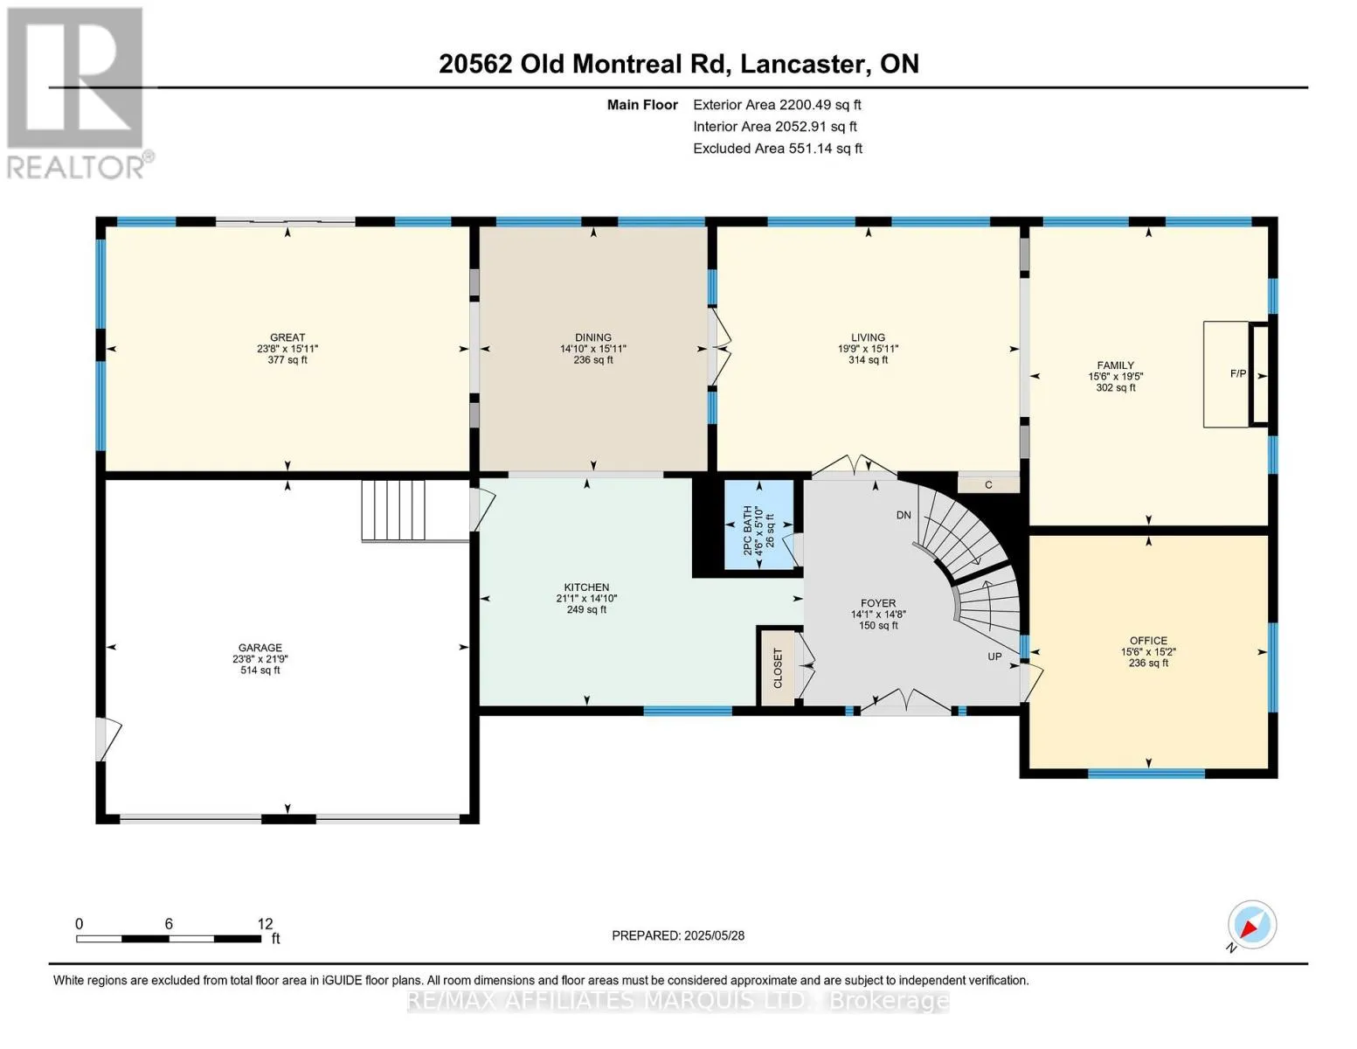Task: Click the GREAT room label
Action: point(287,337)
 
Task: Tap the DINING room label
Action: point(593,337)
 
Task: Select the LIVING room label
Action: point(868,337)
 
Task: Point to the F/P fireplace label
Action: point(1237,373)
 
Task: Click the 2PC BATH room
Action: point(758,524)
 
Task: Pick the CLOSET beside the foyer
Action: point(778,668)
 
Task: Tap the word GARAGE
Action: point(260,648)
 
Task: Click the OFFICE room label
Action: point(1148,641)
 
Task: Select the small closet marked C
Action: point(988,485)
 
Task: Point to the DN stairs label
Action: point(904,515)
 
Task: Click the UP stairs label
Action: point(994,656)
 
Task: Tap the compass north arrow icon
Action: point(1251,926)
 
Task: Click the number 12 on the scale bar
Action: point(265,924)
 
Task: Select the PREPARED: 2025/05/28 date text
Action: point(678,936)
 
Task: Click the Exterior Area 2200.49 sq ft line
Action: point(777,105)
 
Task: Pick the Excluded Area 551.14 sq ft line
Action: point(778,149)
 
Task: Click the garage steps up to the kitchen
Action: point(393,510)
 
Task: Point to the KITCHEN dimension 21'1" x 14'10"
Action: point(586,599)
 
